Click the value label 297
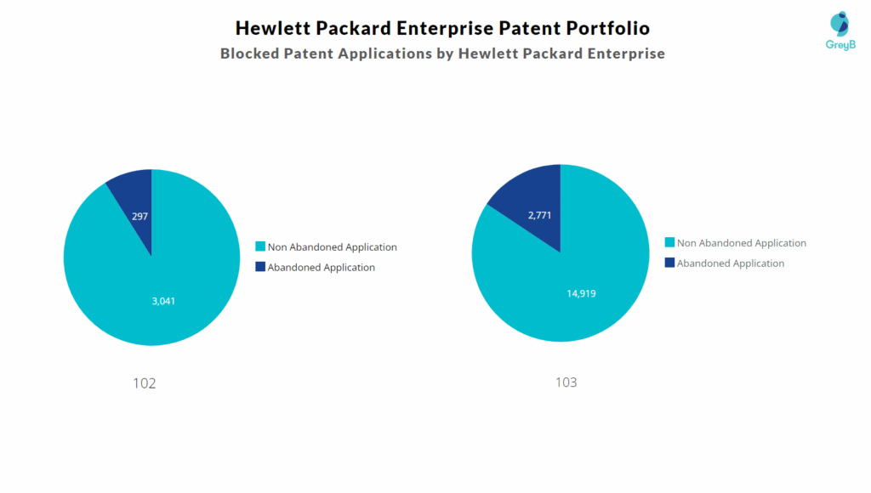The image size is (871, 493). pyautogui.click(x=139, y=217)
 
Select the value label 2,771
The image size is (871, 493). pyautogui.click(x=539, y=215)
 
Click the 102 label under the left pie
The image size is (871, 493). pyautogui.click(x=145, y=383)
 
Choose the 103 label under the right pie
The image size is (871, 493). pyautogui.click(x=566, y=382)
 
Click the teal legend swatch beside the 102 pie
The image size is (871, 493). pyautogui.click(x=260, y=247)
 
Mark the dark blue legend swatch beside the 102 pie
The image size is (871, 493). pyautogui.click(x=260, y=268)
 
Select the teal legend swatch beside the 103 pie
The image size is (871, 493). pyautogui.click(x=669, y=243)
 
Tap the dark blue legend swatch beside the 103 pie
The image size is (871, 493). pyautogui.click(x=669, y=263)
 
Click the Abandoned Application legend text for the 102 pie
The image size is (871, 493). pyautogui.click(x=321, y=268)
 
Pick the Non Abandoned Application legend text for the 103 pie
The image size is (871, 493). pyautogui.click(x=741, y=243)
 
